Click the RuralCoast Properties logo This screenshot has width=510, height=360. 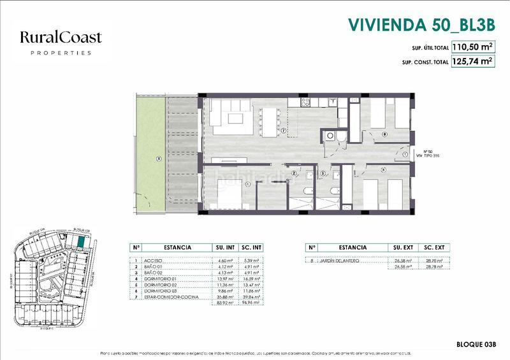[61, 43]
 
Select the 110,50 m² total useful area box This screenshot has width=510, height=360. [473, 47]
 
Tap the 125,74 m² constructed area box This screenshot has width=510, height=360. [473, 62]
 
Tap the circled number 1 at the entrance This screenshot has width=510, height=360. [406, 154]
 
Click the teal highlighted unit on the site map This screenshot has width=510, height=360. [80, 242]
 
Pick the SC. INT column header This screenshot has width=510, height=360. [253, 247]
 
